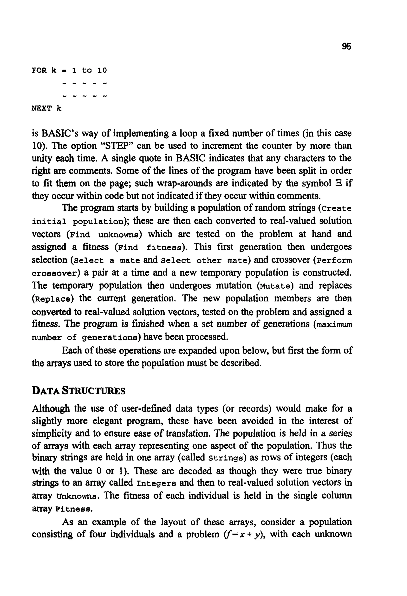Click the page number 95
[346, 47]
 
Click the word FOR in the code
[39, 70]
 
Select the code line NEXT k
[47, 108]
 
